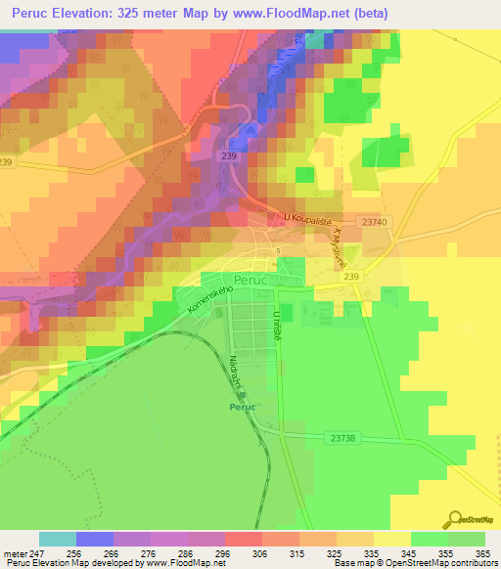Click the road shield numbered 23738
point(342,438)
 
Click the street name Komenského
point(201,302)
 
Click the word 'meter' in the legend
point(15,554)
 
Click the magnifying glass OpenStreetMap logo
point(456,520)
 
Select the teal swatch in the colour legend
point(58,539)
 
